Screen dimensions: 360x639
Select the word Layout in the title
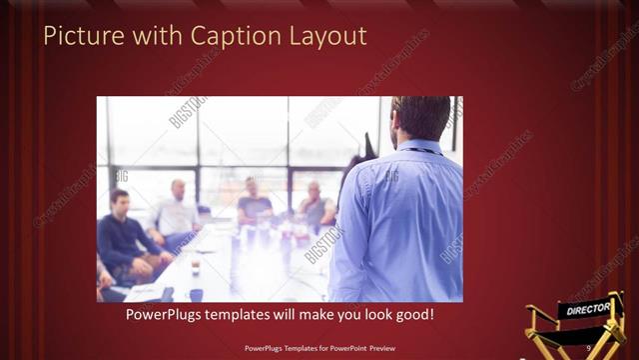pos(327,37)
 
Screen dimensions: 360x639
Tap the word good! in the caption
pos(412,314)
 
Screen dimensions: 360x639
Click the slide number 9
pos(589,347)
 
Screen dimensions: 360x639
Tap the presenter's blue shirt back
pos(399,220)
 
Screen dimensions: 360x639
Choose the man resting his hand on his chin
pos(316,206)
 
